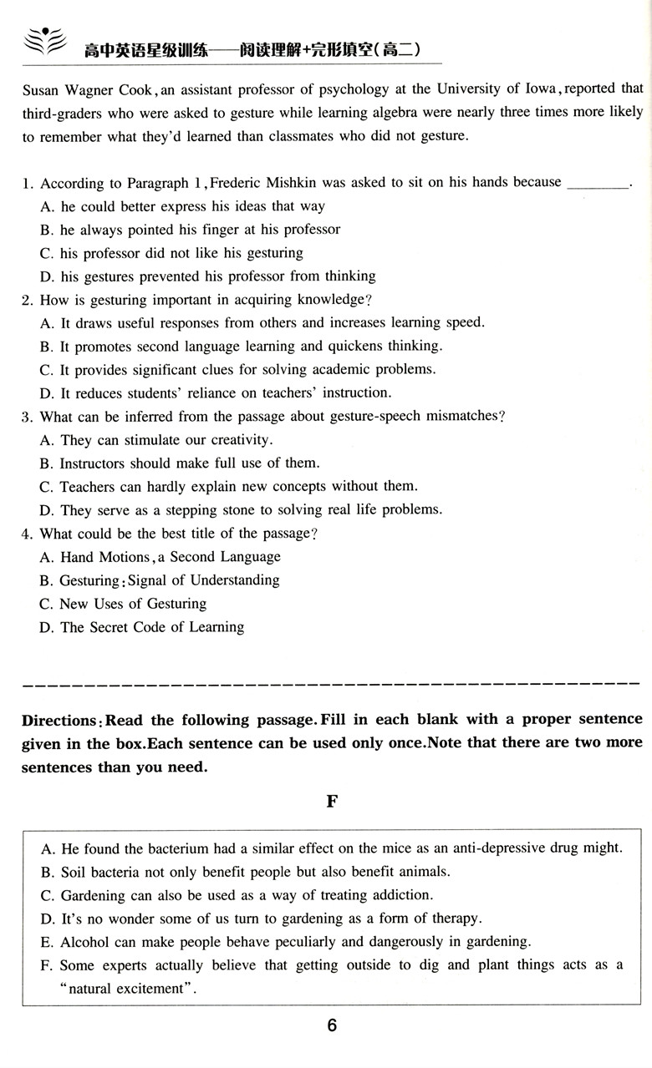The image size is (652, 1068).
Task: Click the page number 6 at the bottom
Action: pos(331,1026)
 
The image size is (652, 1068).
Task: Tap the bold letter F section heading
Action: pos(331,801)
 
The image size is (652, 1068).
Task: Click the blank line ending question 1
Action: pos(597,183)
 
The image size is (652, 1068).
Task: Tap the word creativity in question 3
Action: pos(237,440)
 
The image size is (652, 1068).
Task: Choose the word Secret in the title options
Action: pos(115,627)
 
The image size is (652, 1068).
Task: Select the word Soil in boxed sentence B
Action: pos(74,872)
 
